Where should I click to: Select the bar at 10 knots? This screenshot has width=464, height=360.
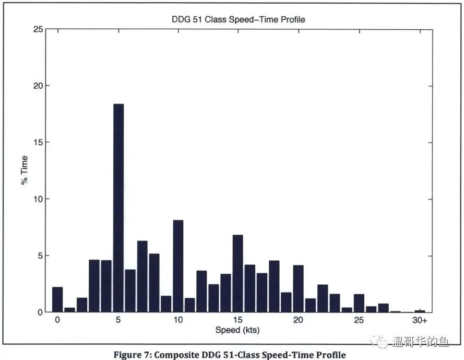pyautogui.click(x=178, y=266)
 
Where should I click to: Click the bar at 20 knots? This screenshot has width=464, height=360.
pyautogui.click(x=298, y=288)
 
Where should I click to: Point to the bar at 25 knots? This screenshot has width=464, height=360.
pyautogui.click(x=359, y=303)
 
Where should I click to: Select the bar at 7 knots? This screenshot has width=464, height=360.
pyautogui.click(x=142, y=276)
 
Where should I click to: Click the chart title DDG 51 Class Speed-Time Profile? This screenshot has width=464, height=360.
pyautogui.click(x=239, y=20)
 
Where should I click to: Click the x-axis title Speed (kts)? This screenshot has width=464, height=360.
pyautogui.click(x=237, y=330)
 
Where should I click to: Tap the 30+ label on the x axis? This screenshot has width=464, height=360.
pyautogui.click(x=419, y=320)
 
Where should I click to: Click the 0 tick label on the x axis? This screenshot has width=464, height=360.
pyautogui.click(x=57, y=320)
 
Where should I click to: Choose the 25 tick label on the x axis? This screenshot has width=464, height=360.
pyautogui.click(x=359, y=320)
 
